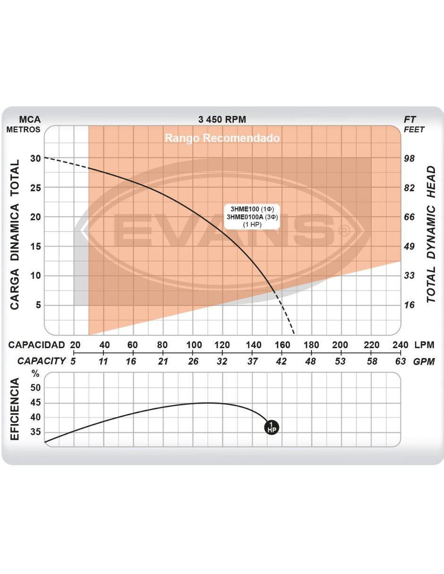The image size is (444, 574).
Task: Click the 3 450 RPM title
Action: pos(222,120)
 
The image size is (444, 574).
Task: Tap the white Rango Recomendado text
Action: pos(222,138)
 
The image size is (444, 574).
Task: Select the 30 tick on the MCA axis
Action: pos(35,158)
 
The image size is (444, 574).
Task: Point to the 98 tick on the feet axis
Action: pos(409,158)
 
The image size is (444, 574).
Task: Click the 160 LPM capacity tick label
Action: pos(282,345)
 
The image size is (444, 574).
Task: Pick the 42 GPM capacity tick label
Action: pos(281,361)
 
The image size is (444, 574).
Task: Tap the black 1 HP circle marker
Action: pos(272,427)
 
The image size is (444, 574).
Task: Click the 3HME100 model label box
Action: pos(252,216)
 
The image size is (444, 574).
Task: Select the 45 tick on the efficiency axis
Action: pos(35,403)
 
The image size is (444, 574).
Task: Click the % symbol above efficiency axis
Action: pos(35,374)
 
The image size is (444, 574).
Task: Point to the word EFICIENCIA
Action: pos(15,409)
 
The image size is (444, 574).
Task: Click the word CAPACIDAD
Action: pos(36,345)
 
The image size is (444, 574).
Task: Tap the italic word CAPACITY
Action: pos(42,361)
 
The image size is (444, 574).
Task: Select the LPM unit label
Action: pos(424,345)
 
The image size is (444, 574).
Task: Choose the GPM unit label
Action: pos(424,361)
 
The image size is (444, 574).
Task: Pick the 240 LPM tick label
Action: pos(401,345)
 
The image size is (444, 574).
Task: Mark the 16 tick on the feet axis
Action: pos(409,305)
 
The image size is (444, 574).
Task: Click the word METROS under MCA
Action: pos(24,129)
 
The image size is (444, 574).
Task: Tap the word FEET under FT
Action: pos(414,129)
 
